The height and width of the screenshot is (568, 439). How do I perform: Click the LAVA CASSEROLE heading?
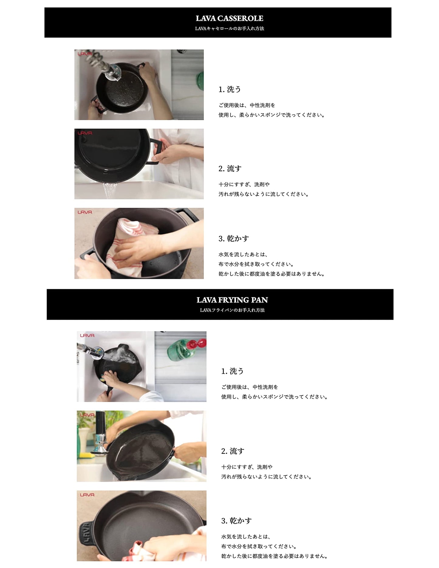point(229,18)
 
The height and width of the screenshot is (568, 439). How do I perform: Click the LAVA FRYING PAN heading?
point(232,300)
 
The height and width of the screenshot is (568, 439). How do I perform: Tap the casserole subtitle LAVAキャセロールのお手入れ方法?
point(229,29)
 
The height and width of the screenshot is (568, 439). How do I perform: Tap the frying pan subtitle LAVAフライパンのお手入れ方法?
point(232,310)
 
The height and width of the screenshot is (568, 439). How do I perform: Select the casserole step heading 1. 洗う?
point(230,89)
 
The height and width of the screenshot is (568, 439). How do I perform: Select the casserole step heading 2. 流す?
point(230,169)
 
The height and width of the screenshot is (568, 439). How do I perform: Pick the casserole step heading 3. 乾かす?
point(234,238)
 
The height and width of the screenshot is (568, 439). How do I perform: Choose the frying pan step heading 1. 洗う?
point(232,371)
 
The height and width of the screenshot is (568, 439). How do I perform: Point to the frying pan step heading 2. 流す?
point(233,451)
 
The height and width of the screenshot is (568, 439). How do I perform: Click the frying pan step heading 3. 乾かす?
point(236,521)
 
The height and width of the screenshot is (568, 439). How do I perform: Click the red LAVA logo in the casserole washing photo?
point(85,54)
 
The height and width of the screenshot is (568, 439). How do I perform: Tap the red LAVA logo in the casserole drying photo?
point(85,212)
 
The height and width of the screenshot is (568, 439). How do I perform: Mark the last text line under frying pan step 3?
point(275,556)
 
